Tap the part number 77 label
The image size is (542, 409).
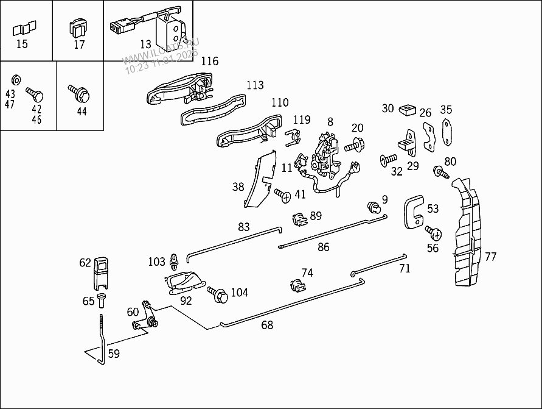tap(490, 257)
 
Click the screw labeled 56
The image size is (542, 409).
tap(433, 233)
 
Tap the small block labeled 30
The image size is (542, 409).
tap(406, 110)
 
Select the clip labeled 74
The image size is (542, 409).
tap(296, 286)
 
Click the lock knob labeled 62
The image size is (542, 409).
tap(102, 272)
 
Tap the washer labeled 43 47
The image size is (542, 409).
tap(16, 79)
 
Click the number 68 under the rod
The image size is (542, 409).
tap(267, 325)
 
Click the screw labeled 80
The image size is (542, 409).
tap(440, 172)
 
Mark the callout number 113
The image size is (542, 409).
tap(255, 85)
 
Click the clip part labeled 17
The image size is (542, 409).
tap(78, 28)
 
